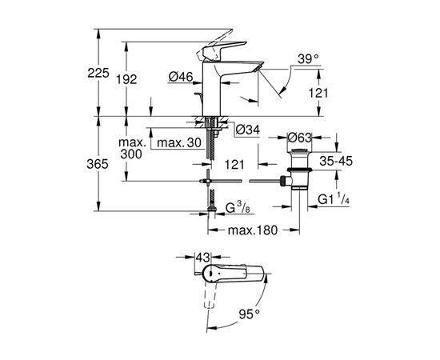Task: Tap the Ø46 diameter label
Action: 181,77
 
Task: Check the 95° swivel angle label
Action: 249,315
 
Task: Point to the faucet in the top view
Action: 232,274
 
